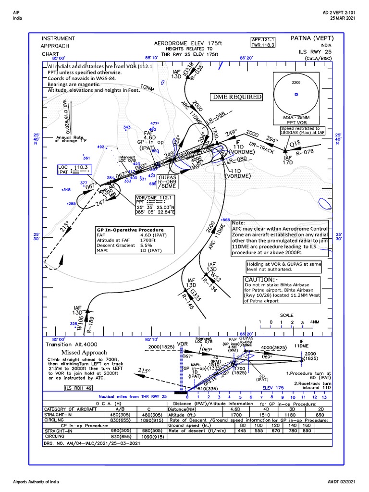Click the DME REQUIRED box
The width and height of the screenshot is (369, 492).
tap(238, 97)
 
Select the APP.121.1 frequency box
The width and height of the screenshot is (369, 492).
tap(263, 39)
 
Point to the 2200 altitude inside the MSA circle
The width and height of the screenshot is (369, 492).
tap(296, 82)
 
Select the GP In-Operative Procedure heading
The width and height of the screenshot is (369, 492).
tap(130, 230)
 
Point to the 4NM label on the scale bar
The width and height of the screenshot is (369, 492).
tap(314, 321)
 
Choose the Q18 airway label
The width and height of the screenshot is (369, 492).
tap(295, 143)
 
